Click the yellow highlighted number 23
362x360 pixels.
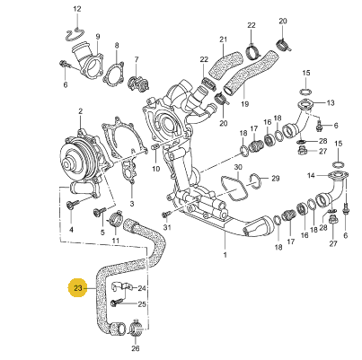(78, 288)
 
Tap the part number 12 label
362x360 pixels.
(77, 9)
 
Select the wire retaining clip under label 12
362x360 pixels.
(75, 34)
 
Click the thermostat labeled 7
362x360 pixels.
(137, 83)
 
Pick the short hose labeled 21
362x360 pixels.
(225, 65)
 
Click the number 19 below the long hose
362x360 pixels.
(244, 104)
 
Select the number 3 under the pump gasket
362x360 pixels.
(132, 205)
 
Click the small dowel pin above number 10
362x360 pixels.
(155, 147)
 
